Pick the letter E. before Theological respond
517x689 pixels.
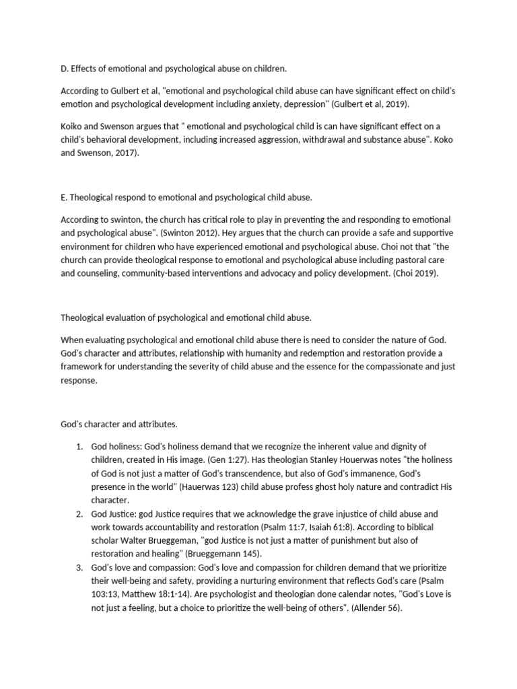click(x=64, y=197)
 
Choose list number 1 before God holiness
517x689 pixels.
click(x=79, y=447)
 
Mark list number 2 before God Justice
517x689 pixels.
click(x=79, y=513)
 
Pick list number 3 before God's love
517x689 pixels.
click(x=79, y=567)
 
